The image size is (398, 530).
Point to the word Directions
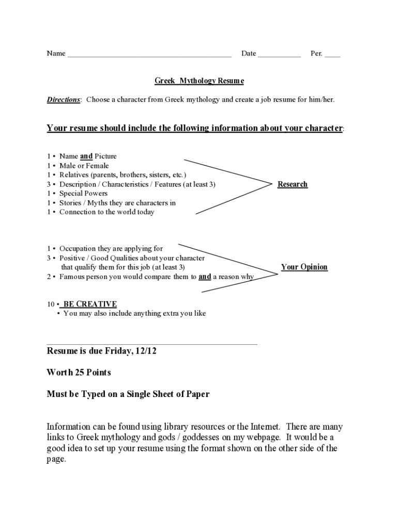[64, 99]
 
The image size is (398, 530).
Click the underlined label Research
[292, 184]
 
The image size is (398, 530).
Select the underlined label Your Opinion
[304, 267]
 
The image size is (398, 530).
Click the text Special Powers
[83, 194]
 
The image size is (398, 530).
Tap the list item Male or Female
[84, 166]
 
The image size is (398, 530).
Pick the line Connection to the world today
[106, 212]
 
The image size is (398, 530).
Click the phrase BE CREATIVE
[90, 304]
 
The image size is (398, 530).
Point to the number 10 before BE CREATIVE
[51, 304]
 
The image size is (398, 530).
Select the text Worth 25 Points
[79, 373]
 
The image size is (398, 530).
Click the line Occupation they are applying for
[111, 249]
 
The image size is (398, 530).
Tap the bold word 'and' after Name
[86, 156]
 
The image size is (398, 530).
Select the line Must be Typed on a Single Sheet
[128, 394]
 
